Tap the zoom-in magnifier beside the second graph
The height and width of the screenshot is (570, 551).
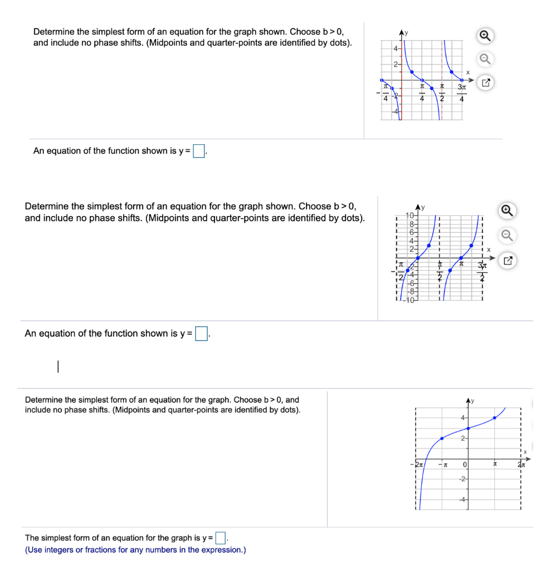[x=506, y=210]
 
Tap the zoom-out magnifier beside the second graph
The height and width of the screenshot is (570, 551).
[x=506, y=235]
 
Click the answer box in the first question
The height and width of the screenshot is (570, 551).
[x=199, y=151]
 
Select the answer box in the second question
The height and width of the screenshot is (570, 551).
[x=201, y=334]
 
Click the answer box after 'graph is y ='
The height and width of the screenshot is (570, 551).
[x=221, y=538]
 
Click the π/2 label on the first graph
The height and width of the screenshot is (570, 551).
[x=441, y=93]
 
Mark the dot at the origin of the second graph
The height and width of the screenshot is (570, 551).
[x=418, y=258]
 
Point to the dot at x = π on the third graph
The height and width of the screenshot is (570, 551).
[x=495, y=418]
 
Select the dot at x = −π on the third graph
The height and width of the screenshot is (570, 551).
[x=442, y=439]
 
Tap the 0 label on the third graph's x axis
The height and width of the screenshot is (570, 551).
[x=463, y=464]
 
